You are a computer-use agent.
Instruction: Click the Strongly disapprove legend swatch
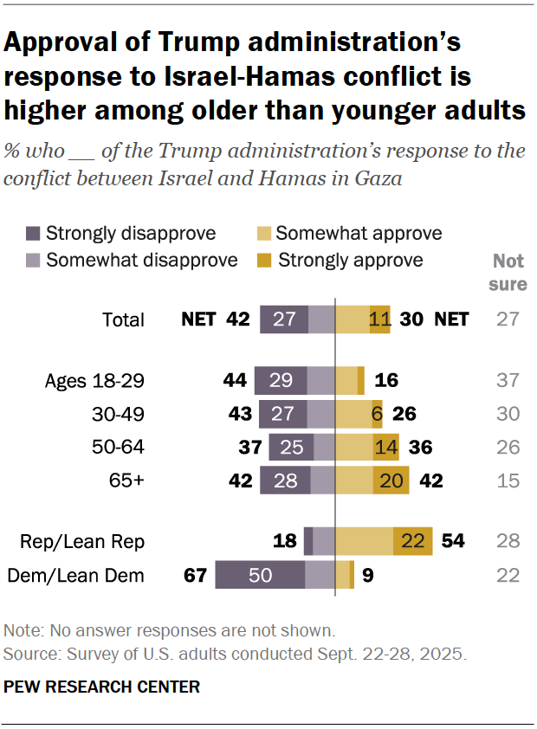tap(34, 234)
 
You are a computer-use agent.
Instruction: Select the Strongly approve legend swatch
tap(266, 261)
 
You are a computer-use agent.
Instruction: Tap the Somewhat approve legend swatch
tap(266, 234)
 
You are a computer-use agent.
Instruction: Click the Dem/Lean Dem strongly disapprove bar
tap(260, 575)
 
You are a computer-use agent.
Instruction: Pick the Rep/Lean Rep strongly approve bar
tap(412, 541)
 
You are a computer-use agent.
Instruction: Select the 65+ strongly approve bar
tap(391, 481)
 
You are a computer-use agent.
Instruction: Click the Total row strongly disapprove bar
tap(284, 319)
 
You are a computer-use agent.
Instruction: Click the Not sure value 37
tap(509, 380)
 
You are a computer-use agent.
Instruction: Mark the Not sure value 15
tap(509, 481)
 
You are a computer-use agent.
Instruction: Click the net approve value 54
tap(452, 541)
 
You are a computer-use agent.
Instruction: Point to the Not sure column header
tap(509, 272)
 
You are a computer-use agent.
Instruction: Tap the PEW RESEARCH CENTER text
tap(102, 687)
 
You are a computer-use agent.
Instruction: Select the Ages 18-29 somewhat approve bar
tap(346, 380)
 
